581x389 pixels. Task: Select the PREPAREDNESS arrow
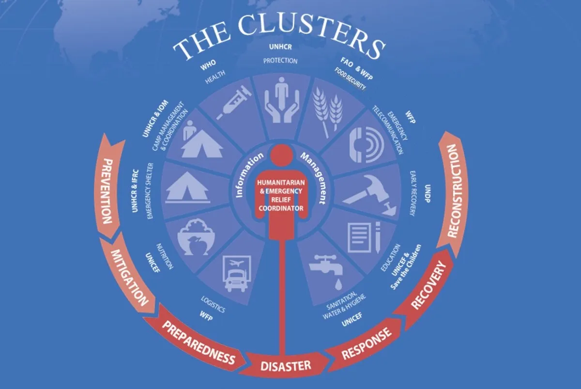tap(198, 342)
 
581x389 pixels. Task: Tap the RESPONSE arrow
tap(367, 344)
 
